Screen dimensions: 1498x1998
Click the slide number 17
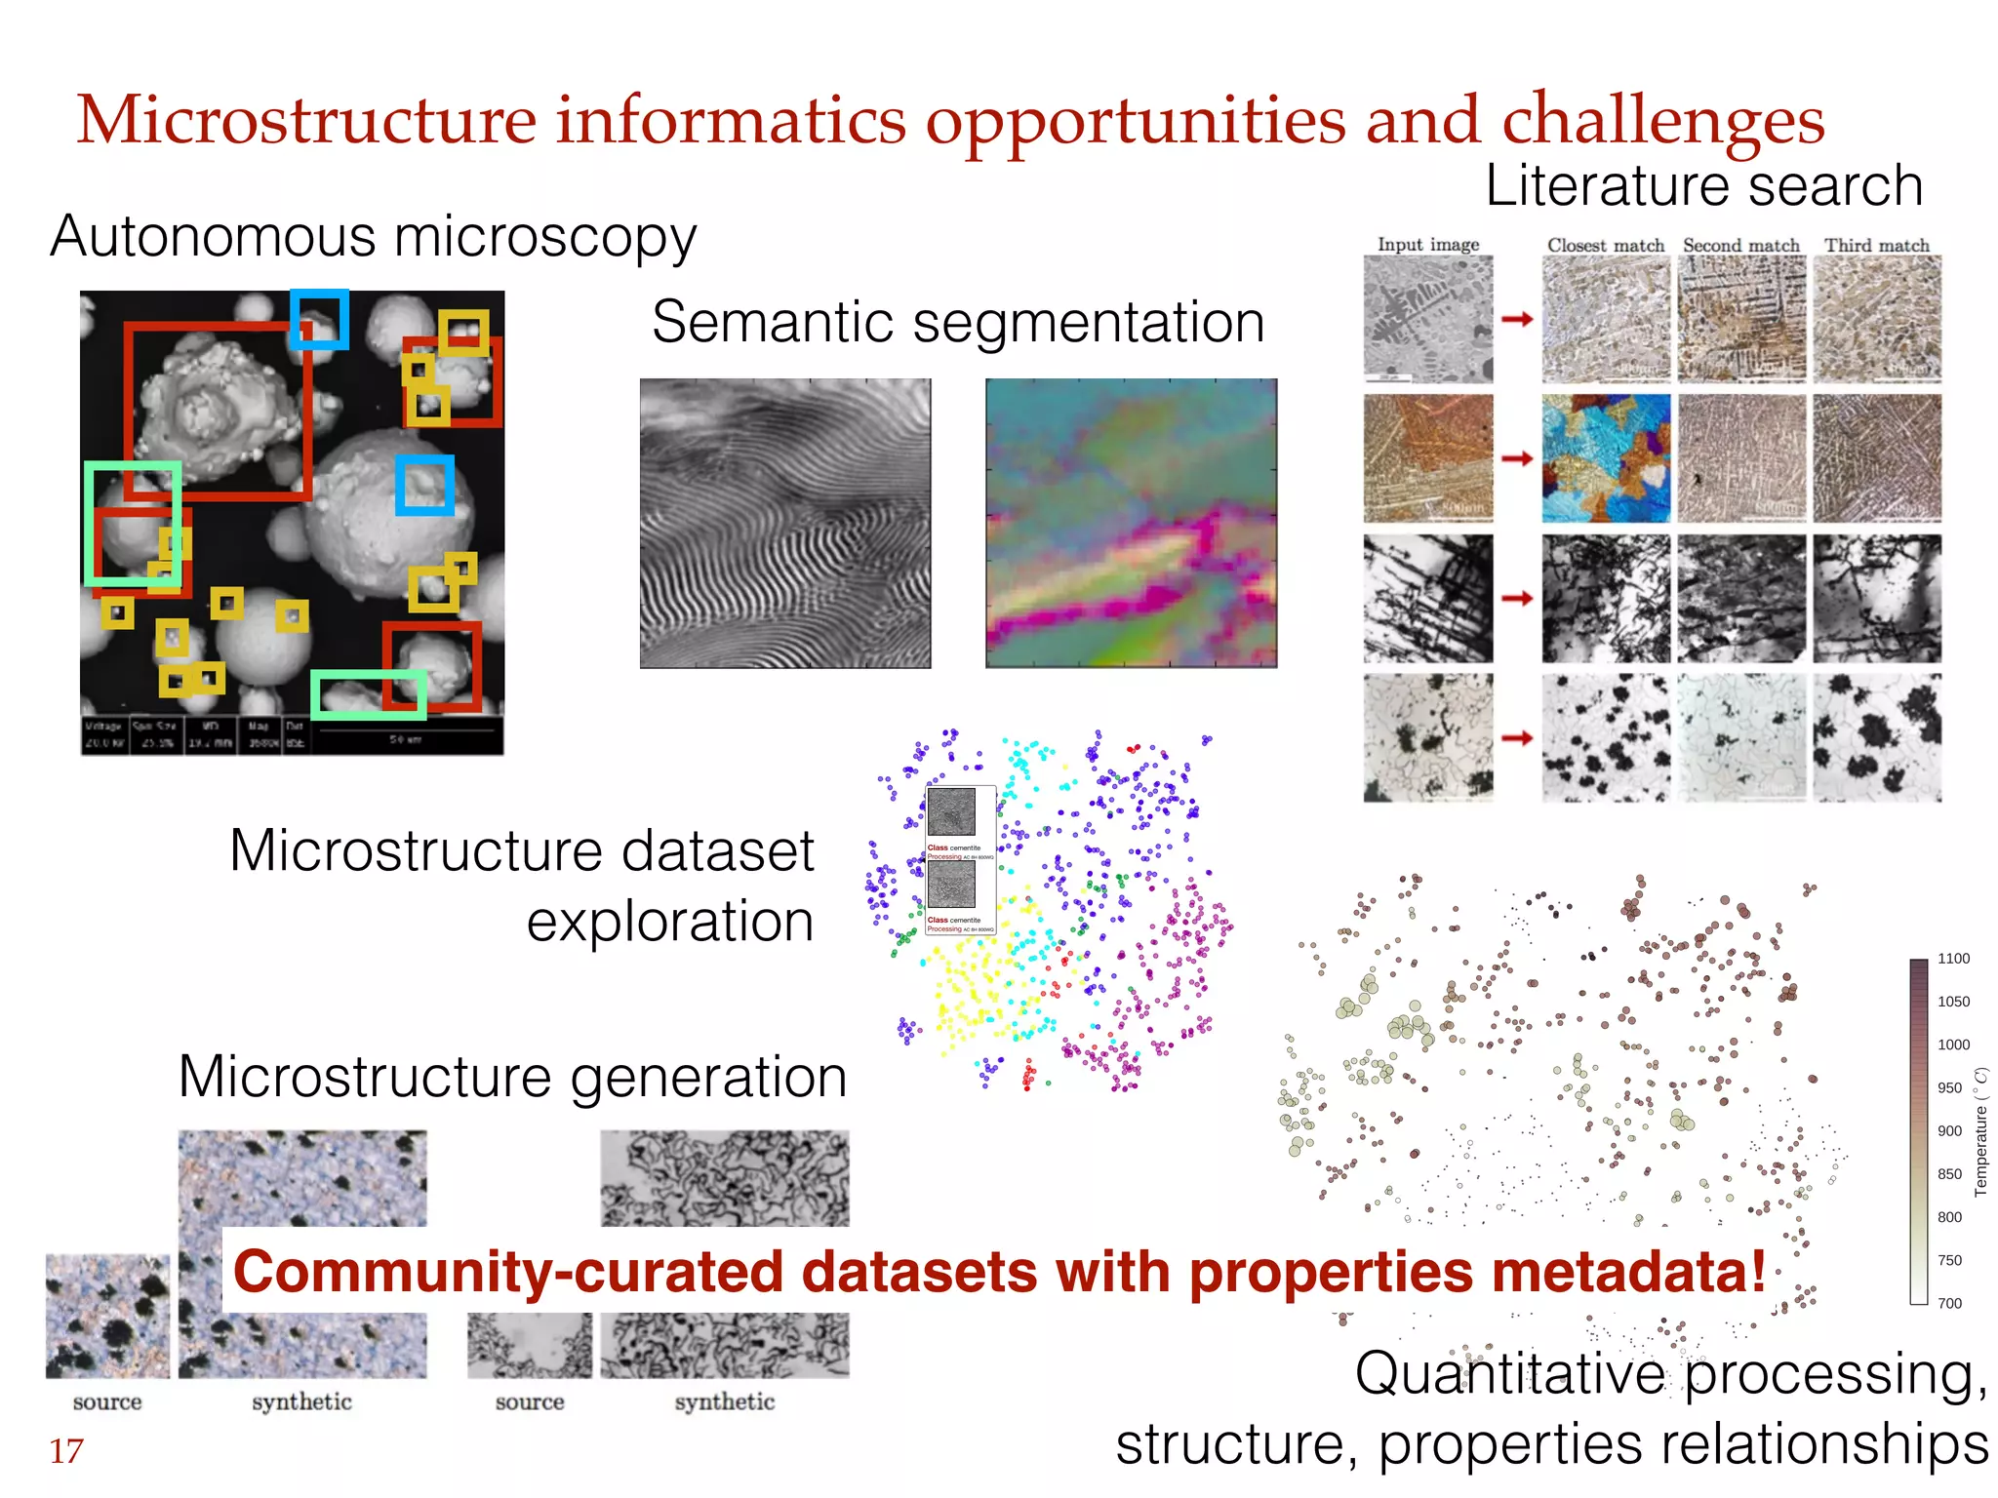(66, 1451)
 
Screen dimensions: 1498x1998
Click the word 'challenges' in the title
(1662, 121)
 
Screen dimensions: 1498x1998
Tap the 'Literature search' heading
(1703, 185)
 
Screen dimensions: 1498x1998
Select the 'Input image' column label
(1428, 244)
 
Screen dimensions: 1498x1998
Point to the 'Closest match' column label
(1605, 245)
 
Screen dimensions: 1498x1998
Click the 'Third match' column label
(1877, 245)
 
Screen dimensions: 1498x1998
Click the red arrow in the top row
(1517, 319)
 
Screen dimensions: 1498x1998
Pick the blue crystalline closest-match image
(1606, 458)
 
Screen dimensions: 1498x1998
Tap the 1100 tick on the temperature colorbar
(1953, 959)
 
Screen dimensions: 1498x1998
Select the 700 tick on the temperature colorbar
(1949, 1303)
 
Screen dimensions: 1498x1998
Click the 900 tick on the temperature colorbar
(1949, 1130)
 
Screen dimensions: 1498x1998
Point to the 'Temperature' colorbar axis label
(1980, 1131)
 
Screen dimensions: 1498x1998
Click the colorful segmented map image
(1131, 524)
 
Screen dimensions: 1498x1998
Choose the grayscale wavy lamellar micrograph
(785, 524)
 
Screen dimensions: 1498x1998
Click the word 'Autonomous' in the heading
(213, 237)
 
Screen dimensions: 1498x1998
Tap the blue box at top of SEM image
(319, 319)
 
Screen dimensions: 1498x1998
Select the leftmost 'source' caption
(107, 1402)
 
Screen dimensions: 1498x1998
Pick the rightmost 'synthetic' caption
(724, 1402)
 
